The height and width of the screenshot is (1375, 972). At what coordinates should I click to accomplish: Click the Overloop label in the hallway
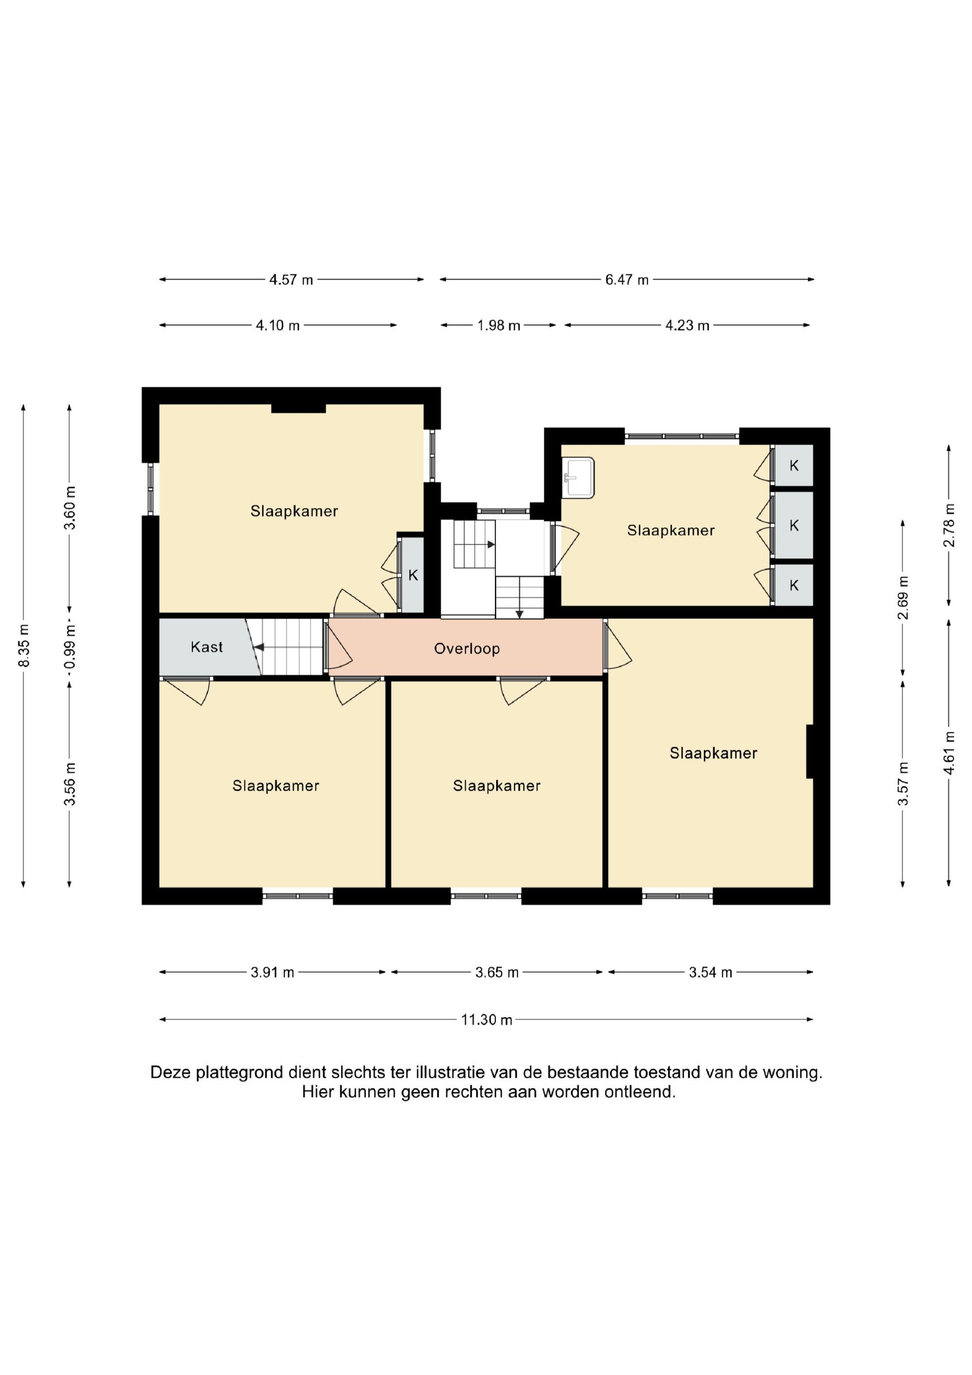click(467, 648)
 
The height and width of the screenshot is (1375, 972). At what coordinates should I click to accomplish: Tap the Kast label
click(207, 647)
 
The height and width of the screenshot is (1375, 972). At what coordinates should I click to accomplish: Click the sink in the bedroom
click(578, 477)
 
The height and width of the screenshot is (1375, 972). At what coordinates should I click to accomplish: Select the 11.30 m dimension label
click(486, 1020)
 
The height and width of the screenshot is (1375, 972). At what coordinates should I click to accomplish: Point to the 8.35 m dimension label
click(23, 645)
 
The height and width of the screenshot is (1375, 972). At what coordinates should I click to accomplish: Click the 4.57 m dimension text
click(291, 279)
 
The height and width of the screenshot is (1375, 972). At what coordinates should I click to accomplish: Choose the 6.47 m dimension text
click(627, 279)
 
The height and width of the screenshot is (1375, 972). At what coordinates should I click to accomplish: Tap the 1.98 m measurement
click(498, 325)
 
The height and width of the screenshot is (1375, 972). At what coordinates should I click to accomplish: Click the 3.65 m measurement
click(497, 973)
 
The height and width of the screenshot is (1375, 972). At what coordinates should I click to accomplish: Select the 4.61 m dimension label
click(949, 753)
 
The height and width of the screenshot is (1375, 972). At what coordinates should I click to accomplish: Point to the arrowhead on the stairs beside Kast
click(258, 647)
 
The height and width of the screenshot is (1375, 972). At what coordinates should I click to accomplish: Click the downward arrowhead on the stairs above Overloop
click(519, 614)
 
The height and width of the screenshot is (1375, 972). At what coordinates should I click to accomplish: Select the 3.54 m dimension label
click(710, 973)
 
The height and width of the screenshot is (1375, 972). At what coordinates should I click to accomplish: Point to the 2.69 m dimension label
click(903, 598)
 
